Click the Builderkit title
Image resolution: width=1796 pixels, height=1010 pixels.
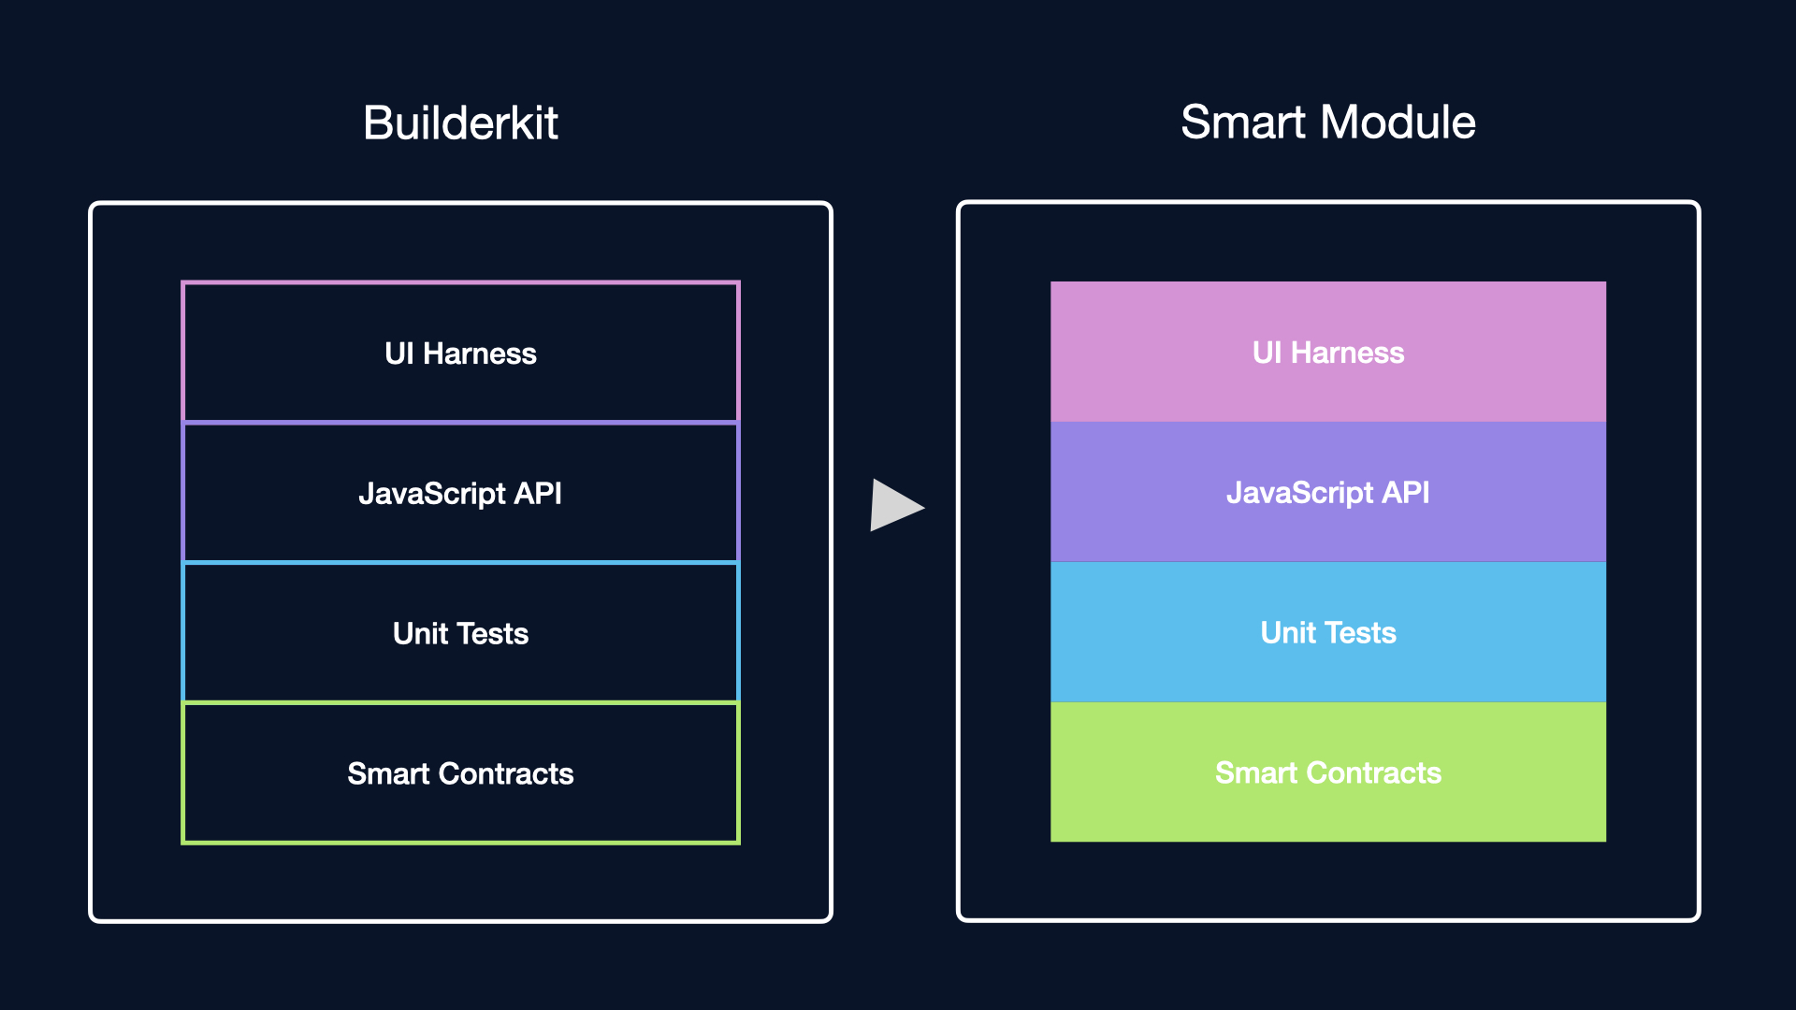(x=460, y=123)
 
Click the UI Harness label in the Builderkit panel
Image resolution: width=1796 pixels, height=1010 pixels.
(x=460, y=353)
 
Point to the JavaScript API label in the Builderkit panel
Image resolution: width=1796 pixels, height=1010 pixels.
(x=460, y=494)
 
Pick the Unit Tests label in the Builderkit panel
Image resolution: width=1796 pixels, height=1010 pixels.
(x=460, y=634)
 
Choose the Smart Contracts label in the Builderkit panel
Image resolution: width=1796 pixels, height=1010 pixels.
(x=460, y=773)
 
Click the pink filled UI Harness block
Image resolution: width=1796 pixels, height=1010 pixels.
(x=1328, y=352)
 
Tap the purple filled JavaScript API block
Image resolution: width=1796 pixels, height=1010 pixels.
(x=1328, y=492)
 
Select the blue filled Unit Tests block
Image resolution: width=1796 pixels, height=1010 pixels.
(x=1328, y=632)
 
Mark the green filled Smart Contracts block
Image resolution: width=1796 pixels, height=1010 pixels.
(x=1328, y=772)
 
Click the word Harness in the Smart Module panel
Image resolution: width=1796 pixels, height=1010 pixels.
(x=1348, y=353)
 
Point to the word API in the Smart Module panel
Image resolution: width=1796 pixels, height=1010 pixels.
(x=1406, y=493)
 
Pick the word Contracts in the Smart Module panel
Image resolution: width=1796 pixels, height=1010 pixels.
(x=1374, y=772)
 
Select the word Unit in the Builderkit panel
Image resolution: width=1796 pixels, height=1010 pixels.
(x=420, y=634)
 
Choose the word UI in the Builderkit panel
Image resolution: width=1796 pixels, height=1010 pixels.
(x=398, y=353)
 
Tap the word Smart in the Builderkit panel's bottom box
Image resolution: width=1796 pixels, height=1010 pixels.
(x=388, y=773)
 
